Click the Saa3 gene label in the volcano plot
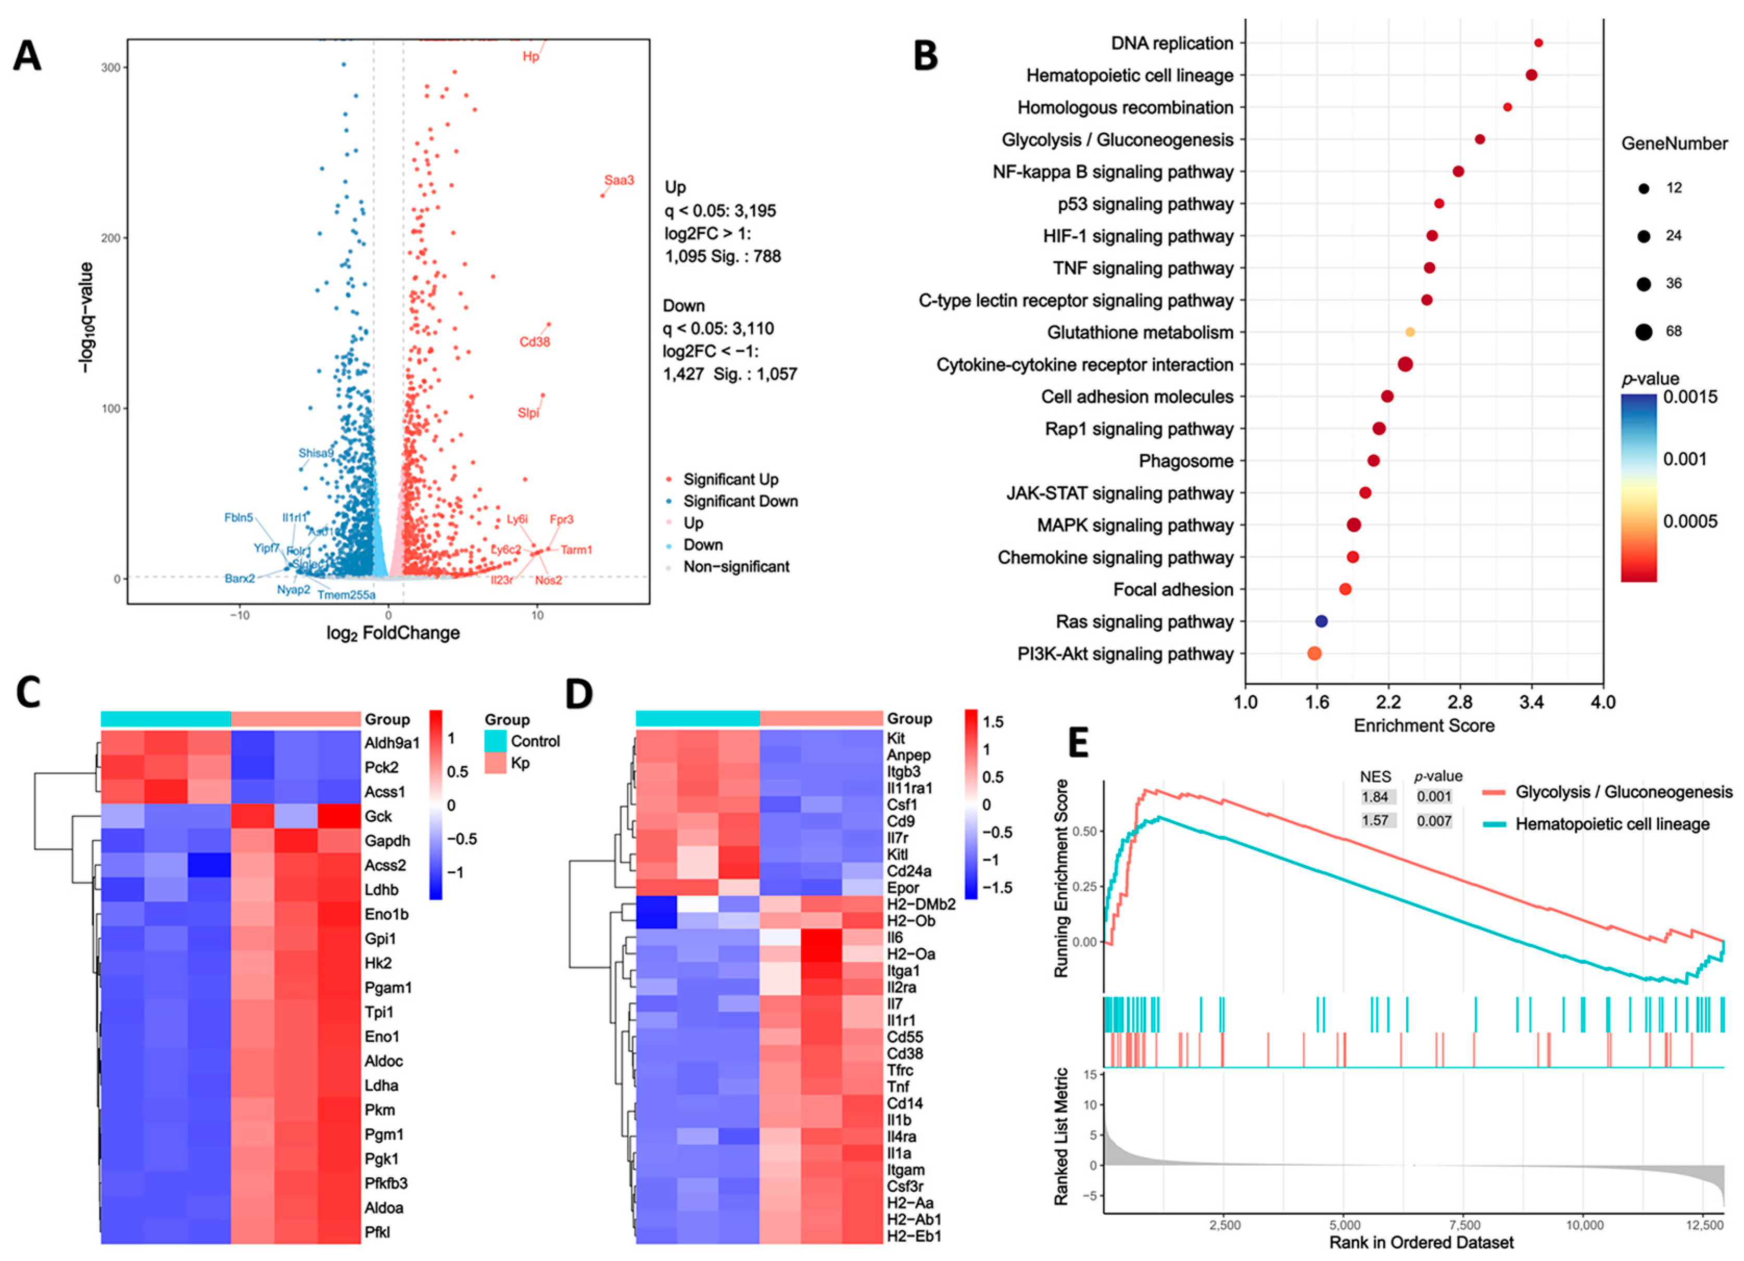pyautogui.click(x=619, y=181)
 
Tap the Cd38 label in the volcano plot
pyautogui.click(x=535, y=342)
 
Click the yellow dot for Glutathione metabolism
pyautogui.click(x=1409, y=332)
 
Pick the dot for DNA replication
pyautogui.click(x=1538, y=43)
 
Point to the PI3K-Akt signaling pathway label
pyautogui.click(x=1125, y=654)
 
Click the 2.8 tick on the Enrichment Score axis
pyautogui.click(x=1459, y=702)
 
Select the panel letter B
pyautogui.click(x=925, y=55)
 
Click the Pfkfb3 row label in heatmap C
pyautogui.click(x=386, y=1183)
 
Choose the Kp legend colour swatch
pyautogui.click(x=495, y=763)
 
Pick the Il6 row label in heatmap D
pyautogui.click(x=895, y=937)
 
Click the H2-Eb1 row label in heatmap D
pyautogui.click(x=914, y=1237)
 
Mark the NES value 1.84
pyautogui.click(x=1375, y=797)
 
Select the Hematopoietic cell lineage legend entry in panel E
pyautogui.click(x=1612, y=824)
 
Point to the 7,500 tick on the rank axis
pyautogui.click(x=1465, y=1225)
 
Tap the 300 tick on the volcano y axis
pyautogui.click(x=111, y=68)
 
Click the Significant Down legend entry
pyautogui.click(x=740, y=501)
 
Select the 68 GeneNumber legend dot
pyautogui.click(x=1644, y=332)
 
